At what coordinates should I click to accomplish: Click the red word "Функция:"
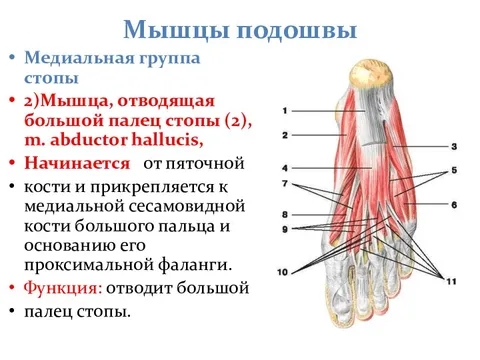[x=65, y=289]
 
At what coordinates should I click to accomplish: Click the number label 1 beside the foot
[x=285, y=110]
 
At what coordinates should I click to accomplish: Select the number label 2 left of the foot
[x=285, y=134]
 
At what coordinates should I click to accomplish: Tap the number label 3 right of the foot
[x=454, y=146]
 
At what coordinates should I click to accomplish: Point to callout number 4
[x=285, y=167]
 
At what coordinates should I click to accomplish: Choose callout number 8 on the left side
[x=285, y=214]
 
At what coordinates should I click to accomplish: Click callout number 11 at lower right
[x=451, y=282]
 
